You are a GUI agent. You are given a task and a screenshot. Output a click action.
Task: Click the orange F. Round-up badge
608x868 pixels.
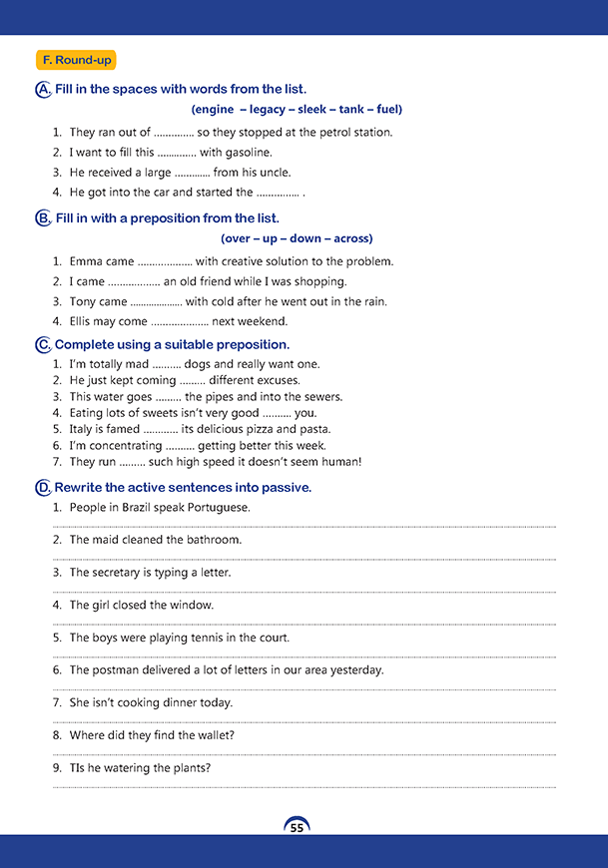click(x=76, y=61)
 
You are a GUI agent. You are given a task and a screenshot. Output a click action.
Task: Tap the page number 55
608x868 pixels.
click(x=297, y=828)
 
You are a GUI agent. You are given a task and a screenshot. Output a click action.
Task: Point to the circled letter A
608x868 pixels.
click(x=43, y=90)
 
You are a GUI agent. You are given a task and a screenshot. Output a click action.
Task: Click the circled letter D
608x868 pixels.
click(x=43, y=488)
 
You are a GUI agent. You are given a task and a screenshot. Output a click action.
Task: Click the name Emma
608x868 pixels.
click(x=86, y=261)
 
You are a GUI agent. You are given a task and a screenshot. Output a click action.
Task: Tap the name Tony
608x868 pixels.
click(x=83, y=301)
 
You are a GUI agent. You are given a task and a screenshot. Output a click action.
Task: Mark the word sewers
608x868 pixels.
click(x=321, y=396)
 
